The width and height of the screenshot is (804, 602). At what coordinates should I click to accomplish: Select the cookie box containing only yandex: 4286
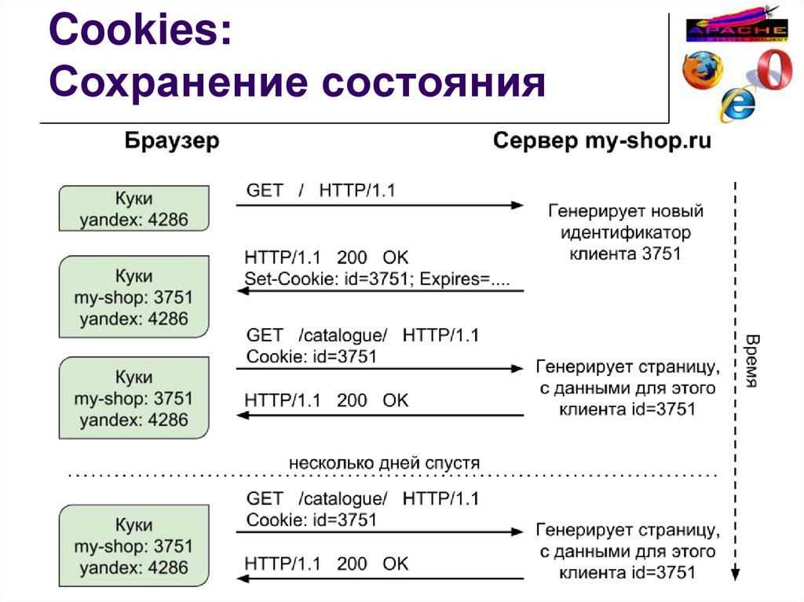coord(134,208)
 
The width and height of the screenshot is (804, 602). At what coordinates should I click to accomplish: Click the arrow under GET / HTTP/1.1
coord(379,206)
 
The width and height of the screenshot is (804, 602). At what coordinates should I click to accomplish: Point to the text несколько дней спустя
coord(384,462)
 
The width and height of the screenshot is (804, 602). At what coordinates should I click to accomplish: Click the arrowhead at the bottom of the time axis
coord(734,575)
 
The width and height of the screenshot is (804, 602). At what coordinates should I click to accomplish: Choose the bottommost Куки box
coord(134,546)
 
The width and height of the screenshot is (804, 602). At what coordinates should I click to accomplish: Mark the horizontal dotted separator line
coord(393,476)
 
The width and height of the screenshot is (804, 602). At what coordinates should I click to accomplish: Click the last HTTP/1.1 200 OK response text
coord(327,563)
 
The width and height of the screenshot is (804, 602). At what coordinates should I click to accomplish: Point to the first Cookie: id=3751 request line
coord(312,356)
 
